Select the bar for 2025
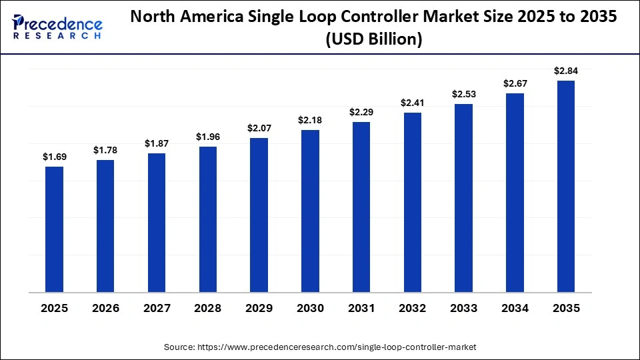click(x=54, y=229)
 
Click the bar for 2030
click(x=310, y=211)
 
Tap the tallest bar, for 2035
click(x=566, y=186)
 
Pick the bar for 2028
click(x=208, y=219)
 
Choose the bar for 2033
click(x=463, y=198)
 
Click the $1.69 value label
click(x=54, y=157)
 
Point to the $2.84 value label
click(x=566, y=71)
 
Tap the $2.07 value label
click(x=259, y=127)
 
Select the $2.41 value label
click(x=412, y=103)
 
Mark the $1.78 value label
click(x=105, y=150)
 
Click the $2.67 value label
click(x=515, y=83)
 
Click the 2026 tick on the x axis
click(x=105, y=309)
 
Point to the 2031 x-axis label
click(x=361, y=309)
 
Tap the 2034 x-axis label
click(x=515, y=309)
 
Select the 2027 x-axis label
click(x=157, y=309)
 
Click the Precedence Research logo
click(x=57, y=27)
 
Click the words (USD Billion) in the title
click(x=373, y=39)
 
